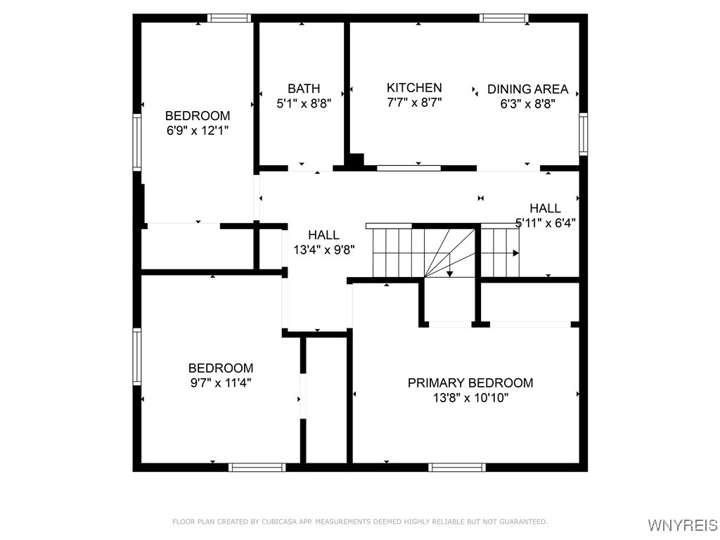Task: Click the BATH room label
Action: (x=304, y=89)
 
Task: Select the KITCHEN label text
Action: (x=414, y=88)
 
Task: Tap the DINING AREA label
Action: (x=527, y=89)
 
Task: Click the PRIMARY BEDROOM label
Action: (x=470, y=383)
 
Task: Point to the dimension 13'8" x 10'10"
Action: (x=470, y=398)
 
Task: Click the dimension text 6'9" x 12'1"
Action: (x=198, y=131)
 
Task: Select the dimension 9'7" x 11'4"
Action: (x=220, y=383)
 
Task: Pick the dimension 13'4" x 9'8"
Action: (x=323, y=249)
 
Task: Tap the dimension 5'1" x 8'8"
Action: (x=304, y=103)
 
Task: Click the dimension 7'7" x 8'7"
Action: (x=414, y=102)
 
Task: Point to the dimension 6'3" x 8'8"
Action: (x=527, y=103)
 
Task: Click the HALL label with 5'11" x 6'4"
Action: (x=545, y=208)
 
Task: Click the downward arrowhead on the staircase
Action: (x=450, y=273)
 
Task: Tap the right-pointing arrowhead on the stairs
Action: (x=515, y=252)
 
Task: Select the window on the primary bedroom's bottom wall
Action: (x=457, y=467)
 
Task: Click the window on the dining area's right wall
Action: (x=583, y=134)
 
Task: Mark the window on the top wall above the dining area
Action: (x=503, y=18)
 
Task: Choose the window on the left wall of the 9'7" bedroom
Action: (x=138, y=356)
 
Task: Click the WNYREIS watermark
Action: (x=682, y=525)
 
